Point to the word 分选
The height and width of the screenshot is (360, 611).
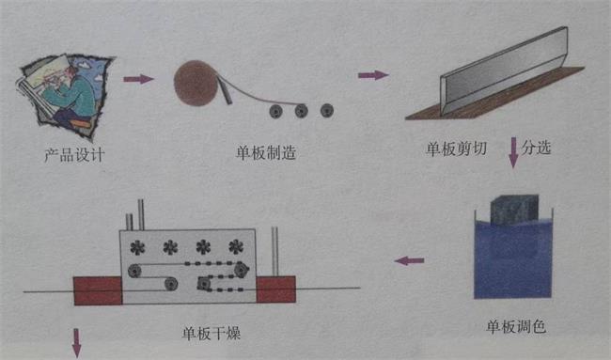tap(540, 148)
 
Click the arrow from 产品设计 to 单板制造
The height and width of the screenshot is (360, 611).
tap(138, 79)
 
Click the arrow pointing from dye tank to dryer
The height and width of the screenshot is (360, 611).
tap(408, 259)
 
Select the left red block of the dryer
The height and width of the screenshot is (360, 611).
tap(99, 290)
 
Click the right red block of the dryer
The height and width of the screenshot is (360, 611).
tap(275, 290)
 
